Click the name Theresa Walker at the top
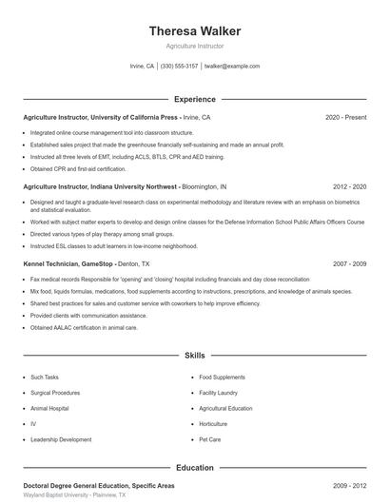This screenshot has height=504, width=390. click(195, 31)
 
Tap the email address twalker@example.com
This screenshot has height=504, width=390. click(231, 67)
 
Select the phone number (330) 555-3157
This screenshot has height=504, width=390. click(179, 67)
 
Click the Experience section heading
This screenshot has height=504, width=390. click(195, 99)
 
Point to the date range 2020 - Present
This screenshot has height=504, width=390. click(345, 117)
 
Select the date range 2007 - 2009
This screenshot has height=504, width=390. click(349, 263)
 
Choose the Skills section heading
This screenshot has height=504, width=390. click(195, 355)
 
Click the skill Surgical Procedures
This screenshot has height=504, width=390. click(55, 392)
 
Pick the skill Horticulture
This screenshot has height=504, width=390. click(213, 423)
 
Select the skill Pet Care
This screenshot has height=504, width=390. click(209, 439)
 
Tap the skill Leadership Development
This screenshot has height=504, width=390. click(61, 439)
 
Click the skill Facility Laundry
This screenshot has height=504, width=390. click(218, 392)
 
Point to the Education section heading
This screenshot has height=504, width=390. click(195, 468)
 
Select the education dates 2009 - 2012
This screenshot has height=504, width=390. click(349, 486)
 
